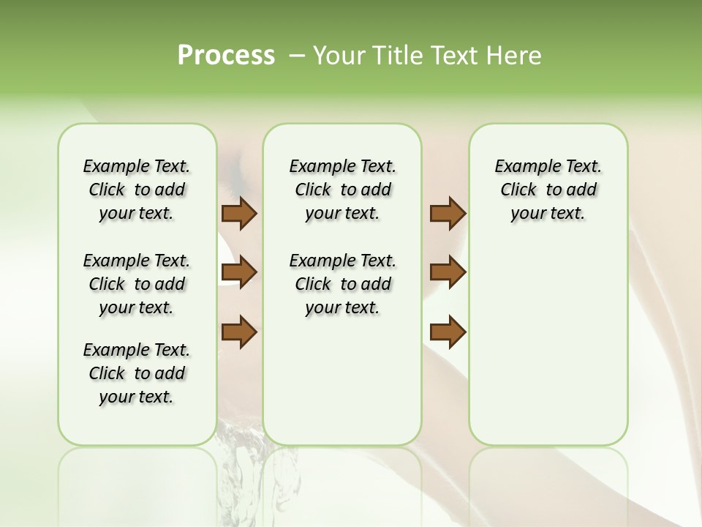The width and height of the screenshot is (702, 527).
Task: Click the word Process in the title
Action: pyautogui.click(x=226, y=56)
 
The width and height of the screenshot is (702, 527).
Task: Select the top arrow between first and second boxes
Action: pyautogui.click(x=239, y=214)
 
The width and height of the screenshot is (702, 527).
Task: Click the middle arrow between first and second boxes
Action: pyautogui.click(x=239, y=272)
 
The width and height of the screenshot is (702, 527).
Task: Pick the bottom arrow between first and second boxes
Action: pyautogui.click(x=239, y=332)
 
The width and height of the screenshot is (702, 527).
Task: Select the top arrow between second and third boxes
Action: pyautogui.click(x=448, y=214)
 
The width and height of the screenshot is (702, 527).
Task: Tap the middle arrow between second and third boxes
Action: pyautogui.click(x=448, y=272)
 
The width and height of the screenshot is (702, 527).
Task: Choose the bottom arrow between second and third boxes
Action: pyautogui.click(x=448, y=332)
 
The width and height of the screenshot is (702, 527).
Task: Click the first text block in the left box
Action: pyautogui.click(x=137, y=190)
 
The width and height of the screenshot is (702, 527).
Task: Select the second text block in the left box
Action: pyautogui.click(x=137, y=284)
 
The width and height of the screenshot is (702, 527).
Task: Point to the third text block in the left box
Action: pyautogui.click(x=137, y=373)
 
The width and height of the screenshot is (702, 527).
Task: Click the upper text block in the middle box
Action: pyautogui.click(x=342, y=190)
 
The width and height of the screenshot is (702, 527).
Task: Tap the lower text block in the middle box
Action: pyautogui.click(x=342, y=284)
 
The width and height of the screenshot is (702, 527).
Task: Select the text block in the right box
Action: pyautogui.click(x=548, y=190)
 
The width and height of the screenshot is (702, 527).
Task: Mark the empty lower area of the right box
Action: pyautogui.click(x=548, y=344)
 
